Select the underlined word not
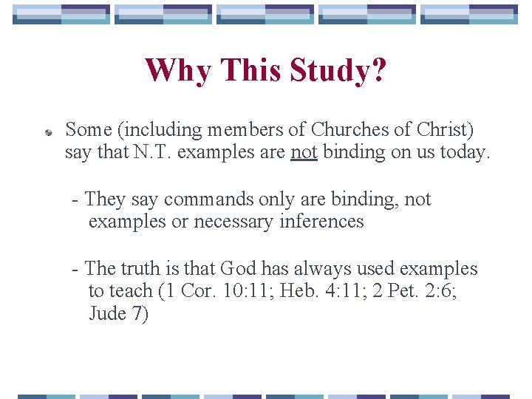(x=303, y=152)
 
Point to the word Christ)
(x=444, y=130)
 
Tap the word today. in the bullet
(x=464, y=152)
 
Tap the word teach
(x=132, y=291)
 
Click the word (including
(x=160, y=130)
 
